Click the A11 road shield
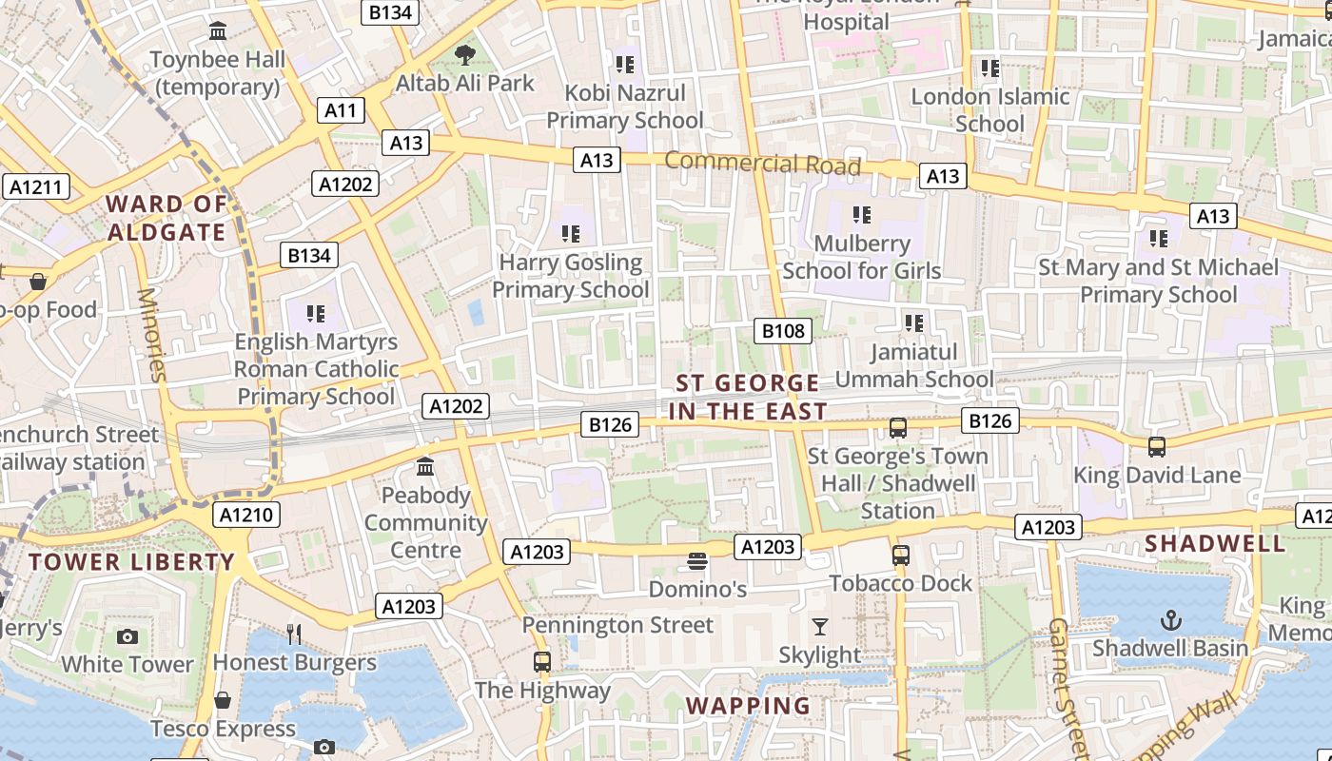[x=340, y=110]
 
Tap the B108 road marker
[x=783, y=331]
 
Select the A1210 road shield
[x=246, y=516]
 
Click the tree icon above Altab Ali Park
[x=464, y=55]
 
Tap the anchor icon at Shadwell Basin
[x=1169, y=621]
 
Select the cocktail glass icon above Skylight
[x=819, y=627]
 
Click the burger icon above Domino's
[x=697, y=561]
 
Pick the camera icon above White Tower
[x=127, y=636]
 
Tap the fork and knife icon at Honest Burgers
[x=294, y=634]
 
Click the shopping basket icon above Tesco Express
[x=223, y=701]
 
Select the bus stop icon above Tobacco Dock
[x=900, y=555]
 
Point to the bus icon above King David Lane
[x=1157, y=446]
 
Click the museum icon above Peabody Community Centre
[x=425, y=467]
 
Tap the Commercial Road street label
[x=762, y=164]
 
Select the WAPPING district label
[x=748, y=706]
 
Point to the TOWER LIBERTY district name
[x=131, y=562]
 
